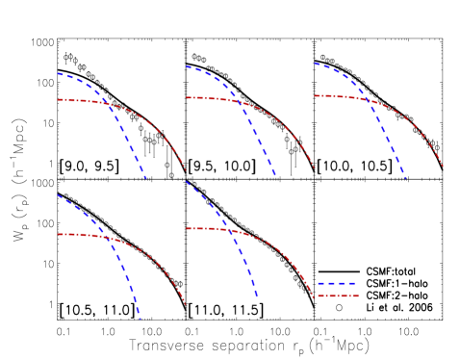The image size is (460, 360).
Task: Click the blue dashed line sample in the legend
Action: [x=337, y=283]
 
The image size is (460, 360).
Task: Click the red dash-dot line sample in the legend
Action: [x=337, y=296]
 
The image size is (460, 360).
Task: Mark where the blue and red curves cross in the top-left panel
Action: [x=106, y=102]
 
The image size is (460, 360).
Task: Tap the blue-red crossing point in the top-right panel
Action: [x=366, y=98]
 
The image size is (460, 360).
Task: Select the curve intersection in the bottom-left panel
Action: [x=109, y=238]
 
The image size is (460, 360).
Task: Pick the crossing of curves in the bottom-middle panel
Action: [x=229, y=230]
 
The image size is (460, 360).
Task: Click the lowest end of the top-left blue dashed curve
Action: [x=147, y=178]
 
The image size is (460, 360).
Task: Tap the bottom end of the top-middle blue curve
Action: [x=276, y=176]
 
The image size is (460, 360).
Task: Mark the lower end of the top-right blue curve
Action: [x=405, y=178]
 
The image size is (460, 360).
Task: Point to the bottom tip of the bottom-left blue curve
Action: [x=141, y=318]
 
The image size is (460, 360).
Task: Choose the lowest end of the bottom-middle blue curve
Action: [x=257, y=297]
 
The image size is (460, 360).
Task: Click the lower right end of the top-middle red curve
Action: [x=315, y=168]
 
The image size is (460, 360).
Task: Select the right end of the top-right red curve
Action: [x=444, y=167]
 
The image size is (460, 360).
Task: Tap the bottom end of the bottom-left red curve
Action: [x=186, y=305]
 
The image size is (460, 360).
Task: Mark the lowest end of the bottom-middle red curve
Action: [x=314, y=297]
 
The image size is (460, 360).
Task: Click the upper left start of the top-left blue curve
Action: [x=58, y=73]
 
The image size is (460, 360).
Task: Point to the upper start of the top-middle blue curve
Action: [x=186, y=66]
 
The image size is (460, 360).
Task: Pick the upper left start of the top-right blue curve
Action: [x=315, y=64]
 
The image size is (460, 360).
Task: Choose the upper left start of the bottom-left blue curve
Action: [x=58, y=195]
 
